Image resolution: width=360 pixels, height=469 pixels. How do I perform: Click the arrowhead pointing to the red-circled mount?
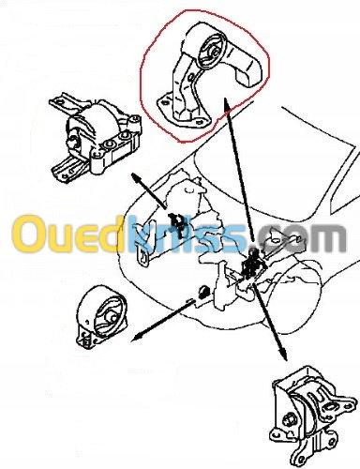tap(227, 104)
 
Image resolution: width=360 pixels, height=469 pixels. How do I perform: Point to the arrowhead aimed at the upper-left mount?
tap(136, 177)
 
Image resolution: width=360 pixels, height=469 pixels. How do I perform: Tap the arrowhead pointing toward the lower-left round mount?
tap(137, 338)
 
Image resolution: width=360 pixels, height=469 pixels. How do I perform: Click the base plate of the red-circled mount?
tap(181, 114)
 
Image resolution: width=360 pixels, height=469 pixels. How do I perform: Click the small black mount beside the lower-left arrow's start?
tap(203, 292)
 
